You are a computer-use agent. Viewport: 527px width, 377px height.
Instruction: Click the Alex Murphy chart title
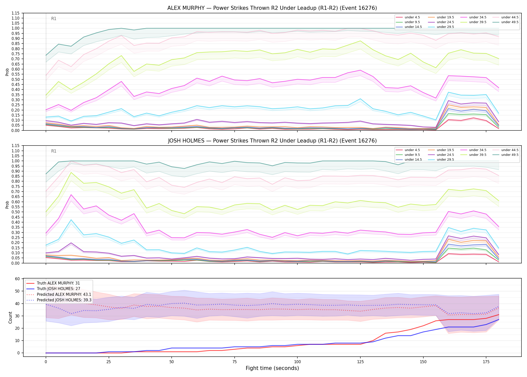coord(272,8)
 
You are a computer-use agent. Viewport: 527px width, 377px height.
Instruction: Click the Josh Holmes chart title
coord(272,141)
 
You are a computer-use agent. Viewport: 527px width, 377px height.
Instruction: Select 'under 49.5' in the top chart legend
coord(510,22)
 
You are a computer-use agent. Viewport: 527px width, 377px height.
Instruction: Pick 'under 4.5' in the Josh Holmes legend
coord(412,150)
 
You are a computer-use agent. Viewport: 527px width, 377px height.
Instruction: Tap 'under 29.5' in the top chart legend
coord(445,27)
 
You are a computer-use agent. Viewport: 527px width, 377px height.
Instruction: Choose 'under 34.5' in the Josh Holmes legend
coord(478,150)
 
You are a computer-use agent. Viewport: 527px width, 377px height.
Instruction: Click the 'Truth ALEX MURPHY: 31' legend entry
coord(58,283)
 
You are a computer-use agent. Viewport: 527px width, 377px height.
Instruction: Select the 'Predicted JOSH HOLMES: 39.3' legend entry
coord(64,300)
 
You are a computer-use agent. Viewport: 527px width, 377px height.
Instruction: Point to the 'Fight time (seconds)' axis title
coord(272,368)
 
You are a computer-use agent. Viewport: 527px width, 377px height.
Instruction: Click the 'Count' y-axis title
coord(10,317)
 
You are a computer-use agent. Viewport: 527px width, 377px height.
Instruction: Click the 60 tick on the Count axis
coord(17,279)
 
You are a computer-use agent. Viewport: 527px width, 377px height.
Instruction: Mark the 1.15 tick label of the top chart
coord(16,13)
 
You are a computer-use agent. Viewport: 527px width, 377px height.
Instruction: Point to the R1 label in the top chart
coord(54,19)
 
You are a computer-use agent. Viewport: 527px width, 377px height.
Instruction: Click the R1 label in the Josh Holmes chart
coord(54,151)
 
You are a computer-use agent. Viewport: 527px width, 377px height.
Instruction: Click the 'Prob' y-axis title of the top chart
coord(7,72)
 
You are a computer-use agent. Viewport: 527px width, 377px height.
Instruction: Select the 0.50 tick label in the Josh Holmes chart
coord(16,212)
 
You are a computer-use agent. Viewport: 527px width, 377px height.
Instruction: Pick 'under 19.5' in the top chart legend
coord(445,17)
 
